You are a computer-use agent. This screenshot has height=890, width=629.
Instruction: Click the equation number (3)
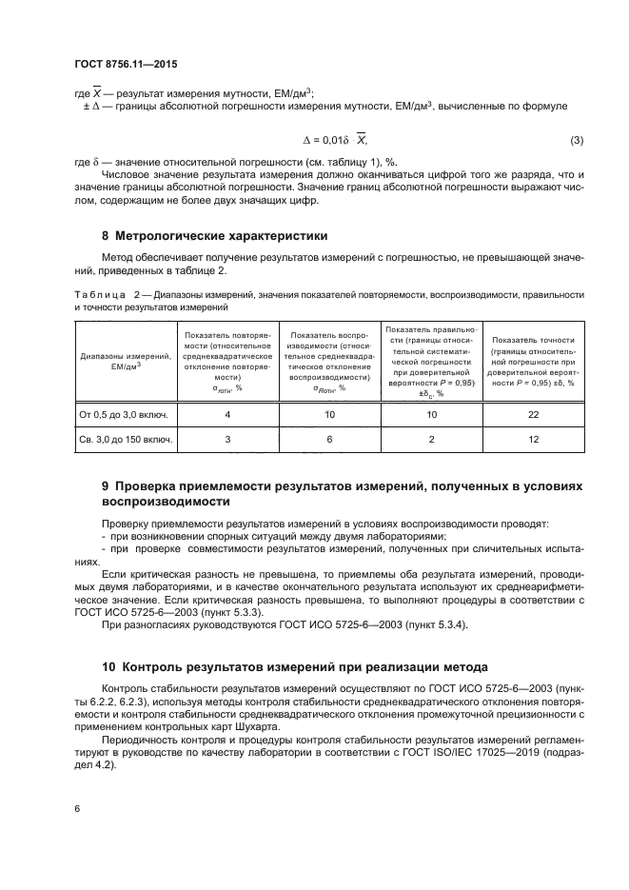(576, 141)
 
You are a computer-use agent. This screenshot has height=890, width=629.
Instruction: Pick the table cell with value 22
(533, 414)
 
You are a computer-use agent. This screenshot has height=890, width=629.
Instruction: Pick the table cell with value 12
(533, 441)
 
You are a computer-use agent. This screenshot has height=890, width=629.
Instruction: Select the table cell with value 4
(227, 414)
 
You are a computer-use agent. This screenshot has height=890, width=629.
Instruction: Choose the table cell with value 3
(227, 441)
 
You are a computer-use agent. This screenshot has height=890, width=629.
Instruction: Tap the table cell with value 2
(432, 441)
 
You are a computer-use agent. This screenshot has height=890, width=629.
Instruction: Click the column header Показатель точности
(533, 340)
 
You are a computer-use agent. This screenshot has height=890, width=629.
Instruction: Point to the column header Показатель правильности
(432, 330)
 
